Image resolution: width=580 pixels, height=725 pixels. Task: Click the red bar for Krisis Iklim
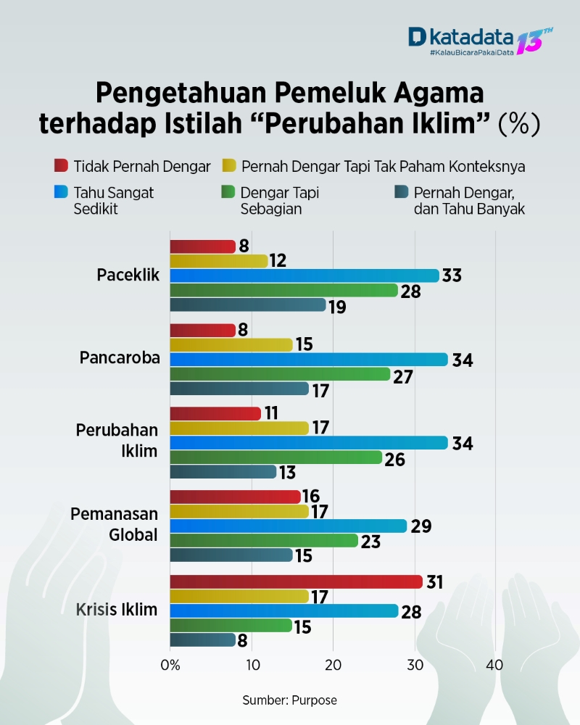coord(296,581)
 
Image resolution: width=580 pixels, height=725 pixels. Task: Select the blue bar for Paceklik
coord(304,275)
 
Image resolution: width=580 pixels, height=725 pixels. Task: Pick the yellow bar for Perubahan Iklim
coord(239,428)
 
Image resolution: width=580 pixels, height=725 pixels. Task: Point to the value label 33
coord(452,275)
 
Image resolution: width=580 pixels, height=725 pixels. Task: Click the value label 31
coord(435,581)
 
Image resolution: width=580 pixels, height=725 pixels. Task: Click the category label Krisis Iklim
coord(117,609)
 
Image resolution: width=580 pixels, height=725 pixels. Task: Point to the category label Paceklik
coord(128,275)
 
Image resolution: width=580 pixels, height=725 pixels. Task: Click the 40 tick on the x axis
coord(495,665)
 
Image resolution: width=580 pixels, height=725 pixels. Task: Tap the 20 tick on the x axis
coord(333,665)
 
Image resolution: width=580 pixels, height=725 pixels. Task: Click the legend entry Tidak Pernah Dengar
coord(142,166)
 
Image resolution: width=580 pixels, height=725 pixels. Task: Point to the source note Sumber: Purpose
coord(289,700)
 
